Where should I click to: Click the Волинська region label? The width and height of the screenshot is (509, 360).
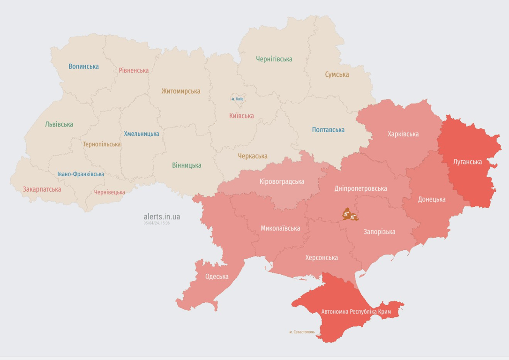click(x=83, y=67)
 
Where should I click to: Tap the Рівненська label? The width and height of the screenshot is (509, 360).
click(x=134, y=70)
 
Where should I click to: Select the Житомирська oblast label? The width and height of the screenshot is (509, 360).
click(x=180, y=91)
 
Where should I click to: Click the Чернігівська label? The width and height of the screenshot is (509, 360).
click(x=274, y=59)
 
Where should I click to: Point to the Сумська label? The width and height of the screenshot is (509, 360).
click(x=337, y=75)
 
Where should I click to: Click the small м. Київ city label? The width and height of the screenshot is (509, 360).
click(x=237, y=99)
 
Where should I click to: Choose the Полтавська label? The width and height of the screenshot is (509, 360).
click(x=328, y=130)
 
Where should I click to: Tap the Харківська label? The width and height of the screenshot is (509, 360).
click(x=403, y=134)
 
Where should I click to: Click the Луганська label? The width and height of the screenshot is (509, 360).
click(x=467, y=162)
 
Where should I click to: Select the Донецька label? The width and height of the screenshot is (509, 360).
click(x=431, y=199)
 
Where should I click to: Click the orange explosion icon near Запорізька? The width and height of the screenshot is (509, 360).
click(x=349, y=215)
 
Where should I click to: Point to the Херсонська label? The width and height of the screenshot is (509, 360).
click(x=321, y=258)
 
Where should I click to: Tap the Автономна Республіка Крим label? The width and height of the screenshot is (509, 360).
click(x=356, y=311)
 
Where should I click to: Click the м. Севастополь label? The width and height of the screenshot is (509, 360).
click(x=302, y=332)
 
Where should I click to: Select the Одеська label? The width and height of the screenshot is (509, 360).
click(x=217, y=277)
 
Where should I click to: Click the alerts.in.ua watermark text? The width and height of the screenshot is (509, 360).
click(x=162, y=217)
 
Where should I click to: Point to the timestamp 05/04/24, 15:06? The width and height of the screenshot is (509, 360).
click(x=157, y=223)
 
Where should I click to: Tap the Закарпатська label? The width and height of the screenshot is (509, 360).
click(x=42, y=189)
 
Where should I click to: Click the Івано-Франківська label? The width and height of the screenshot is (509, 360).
click(x=81, y=174)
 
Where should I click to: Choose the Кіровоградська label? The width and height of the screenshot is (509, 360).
click(x=282, y=181)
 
